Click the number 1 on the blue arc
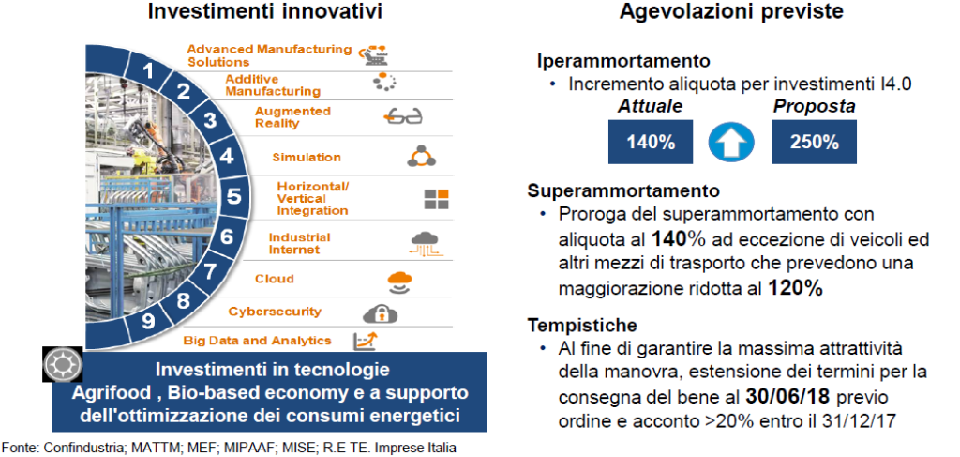click(x=147, y=71)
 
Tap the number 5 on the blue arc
click(x=233, y=197)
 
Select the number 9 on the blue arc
click(x=148, y=321)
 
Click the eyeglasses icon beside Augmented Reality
click(x=403, y=116)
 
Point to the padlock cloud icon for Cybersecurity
click(x=381, y=313)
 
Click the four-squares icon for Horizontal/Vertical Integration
click(x=437, y=200)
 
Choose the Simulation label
click(x=307, y=157)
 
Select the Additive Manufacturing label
click(x=273, y=85)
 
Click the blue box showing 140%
click(x=651, y=142)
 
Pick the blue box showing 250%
click(x=814, y=142)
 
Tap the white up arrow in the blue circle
click(x=731, y=143)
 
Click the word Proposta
click(x=814, y=106)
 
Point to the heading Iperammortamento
click(x=623, y=61)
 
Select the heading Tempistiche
click(x=582, y=324)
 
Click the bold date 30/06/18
click(x=787, y=396)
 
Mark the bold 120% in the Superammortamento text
click(x=795, y=288)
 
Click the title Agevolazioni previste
click(x=732, y=11)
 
